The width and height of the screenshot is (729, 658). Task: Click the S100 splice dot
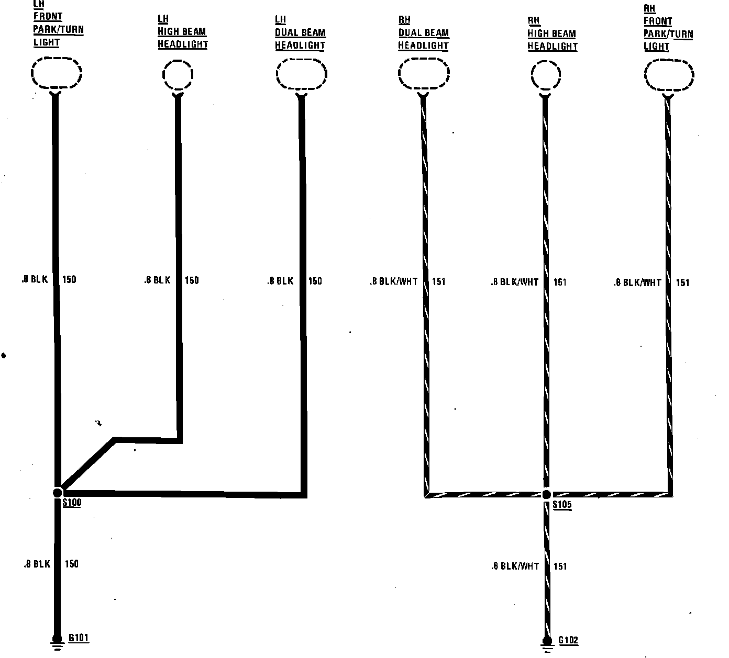[x=57, y=492]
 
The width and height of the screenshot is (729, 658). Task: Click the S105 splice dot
[x=547, y=494]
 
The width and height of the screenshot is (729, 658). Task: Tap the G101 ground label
[x=79, y=638]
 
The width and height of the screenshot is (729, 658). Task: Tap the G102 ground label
[x=568, y=640]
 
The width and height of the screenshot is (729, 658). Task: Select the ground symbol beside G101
[x=56, y=643]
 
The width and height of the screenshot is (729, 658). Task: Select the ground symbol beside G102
[x=547, y=645]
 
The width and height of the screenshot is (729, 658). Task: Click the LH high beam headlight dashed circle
[x=178, y=75]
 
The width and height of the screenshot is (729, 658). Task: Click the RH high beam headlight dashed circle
[x=546, y=76]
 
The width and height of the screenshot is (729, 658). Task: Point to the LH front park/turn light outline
[x=56, y=73]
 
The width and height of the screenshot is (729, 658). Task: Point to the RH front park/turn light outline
[x=669, y=76]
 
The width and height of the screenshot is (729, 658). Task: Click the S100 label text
[x=72, y=503]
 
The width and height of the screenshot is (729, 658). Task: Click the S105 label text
[x=562, y=506]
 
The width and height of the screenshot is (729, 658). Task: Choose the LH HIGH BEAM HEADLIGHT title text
[x=182, y=32]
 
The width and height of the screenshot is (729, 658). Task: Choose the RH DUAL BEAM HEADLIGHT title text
[x=423, y=33]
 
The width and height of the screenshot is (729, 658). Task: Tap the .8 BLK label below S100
[x=37, y=564]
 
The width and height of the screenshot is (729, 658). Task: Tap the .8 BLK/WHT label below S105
[x=515, y=566]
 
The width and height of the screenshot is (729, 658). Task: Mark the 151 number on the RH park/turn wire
[x=682, y=282]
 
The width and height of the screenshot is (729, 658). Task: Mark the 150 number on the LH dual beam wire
[x=315, y=281]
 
